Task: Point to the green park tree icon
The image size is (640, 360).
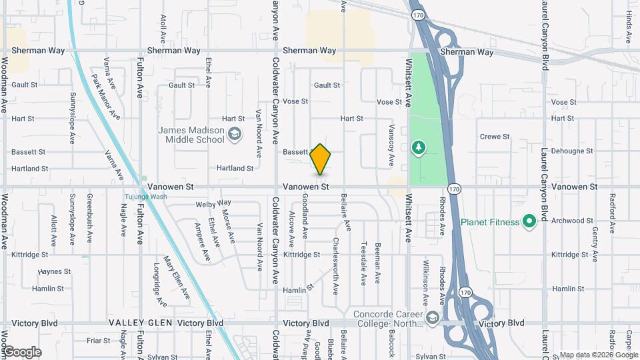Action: tap(419, 147)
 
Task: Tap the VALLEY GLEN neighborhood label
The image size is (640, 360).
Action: tap(140, 323)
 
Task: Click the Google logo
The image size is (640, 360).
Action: tap(21, 352)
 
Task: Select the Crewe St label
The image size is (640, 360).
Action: tap(495, 137)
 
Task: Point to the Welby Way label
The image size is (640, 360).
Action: tap(213, 203)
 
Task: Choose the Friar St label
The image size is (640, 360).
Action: tap(97, 340)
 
